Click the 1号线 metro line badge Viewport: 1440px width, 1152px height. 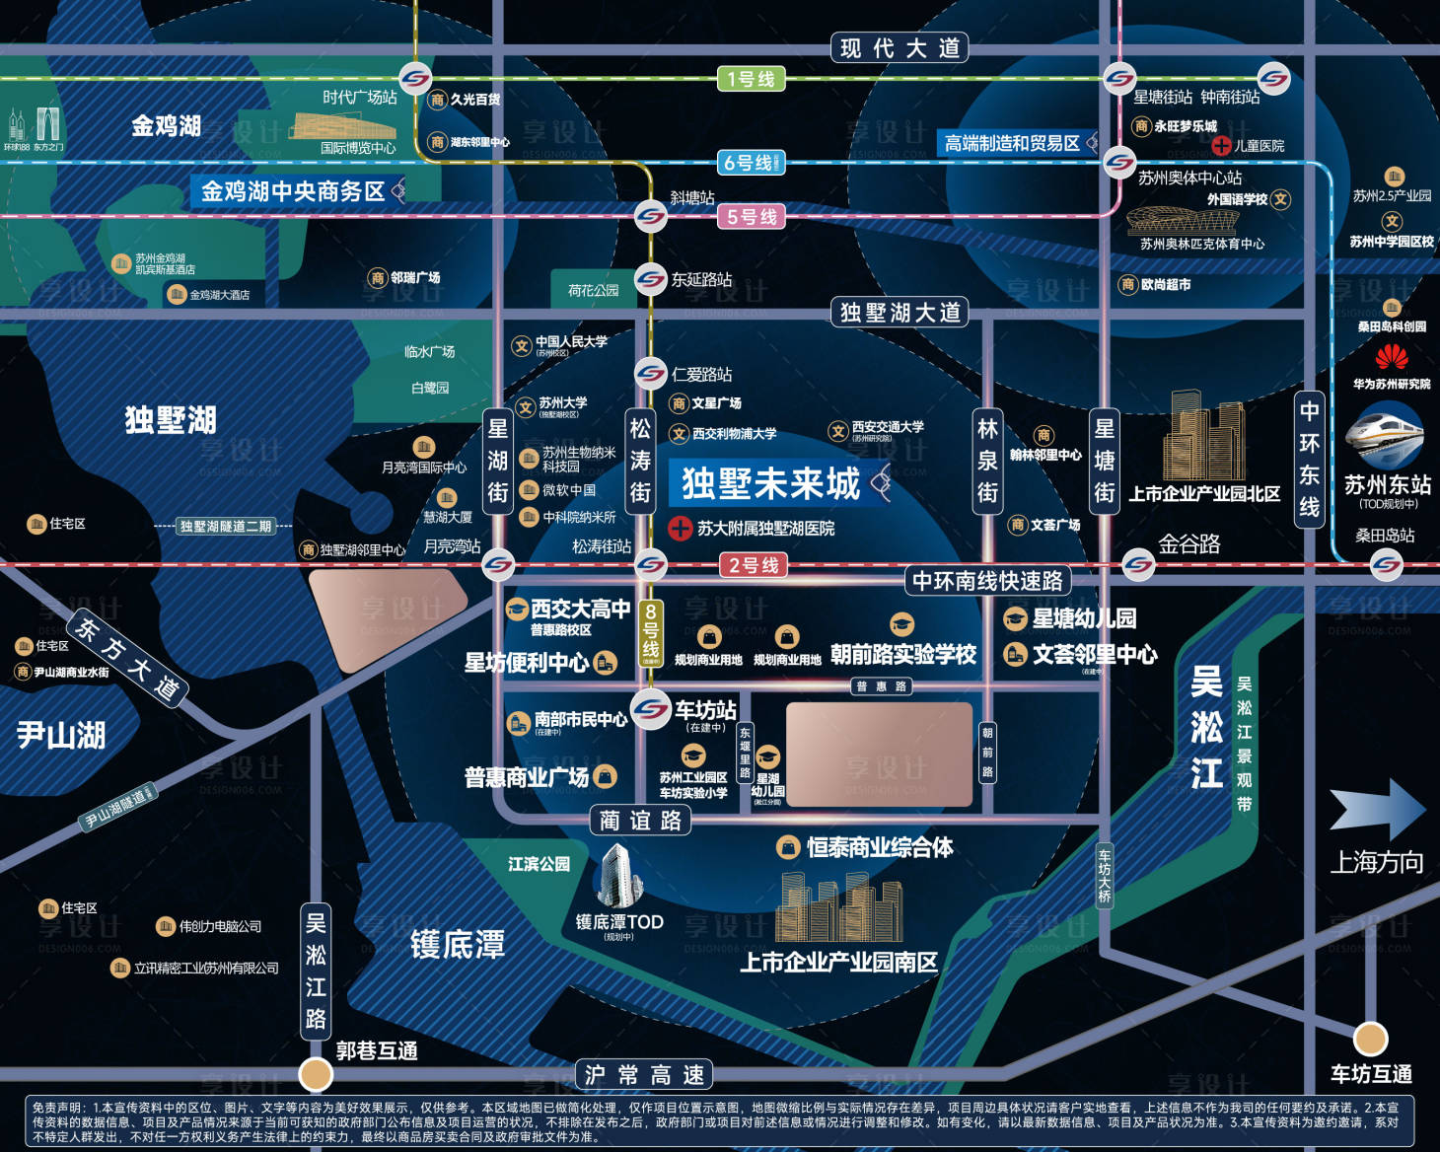click(751, 79)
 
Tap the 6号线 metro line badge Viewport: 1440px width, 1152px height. click(752, 163)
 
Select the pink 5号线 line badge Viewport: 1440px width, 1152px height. click(752, 217)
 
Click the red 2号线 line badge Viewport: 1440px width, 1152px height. click(754, 565)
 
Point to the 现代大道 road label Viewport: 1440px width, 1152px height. click(900, 48)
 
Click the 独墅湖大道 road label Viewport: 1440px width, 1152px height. click(900, 313)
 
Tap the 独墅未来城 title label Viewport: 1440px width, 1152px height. click(770, 483)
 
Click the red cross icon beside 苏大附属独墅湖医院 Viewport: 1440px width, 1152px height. click(680, 529)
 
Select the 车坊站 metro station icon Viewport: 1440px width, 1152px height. click(651, 709)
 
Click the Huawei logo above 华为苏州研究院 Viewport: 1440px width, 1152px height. click(1392, 356)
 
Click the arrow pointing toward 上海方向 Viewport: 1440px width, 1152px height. click(1377, 808)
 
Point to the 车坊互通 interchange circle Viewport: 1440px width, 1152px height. click(1370, 1038)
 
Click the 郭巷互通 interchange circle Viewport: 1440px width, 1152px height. click(316, 1072)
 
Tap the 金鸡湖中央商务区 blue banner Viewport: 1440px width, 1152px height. click(293, 191)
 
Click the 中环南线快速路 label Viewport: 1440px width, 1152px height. click(987, 581)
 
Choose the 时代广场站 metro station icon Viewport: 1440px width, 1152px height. click(415, 79)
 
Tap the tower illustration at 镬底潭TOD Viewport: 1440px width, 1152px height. click(619, 876)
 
